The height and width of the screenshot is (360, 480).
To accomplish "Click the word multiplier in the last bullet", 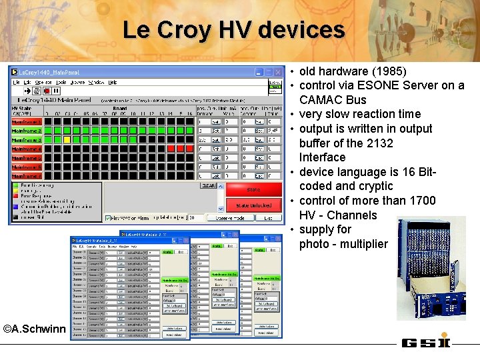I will pyautogui.click(x=362, y=244).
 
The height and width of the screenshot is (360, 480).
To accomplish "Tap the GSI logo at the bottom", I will pyautogui.click(x=425, y=343).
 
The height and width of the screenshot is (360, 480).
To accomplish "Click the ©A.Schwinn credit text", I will pyautogui.click(x=34, y=329).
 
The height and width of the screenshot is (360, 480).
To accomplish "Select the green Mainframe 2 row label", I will pyautogui.click(x=26, y=131).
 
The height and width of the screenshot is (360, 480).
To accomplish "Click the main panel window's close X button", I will pyautogui.click(x=278, y=72).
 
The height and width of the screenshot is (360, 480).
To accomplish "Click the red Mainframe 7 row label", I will pyautogui.click(x=26, y=176).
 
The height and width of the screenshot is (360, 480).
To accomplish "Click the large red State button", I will pyautogui.click(x=253, y=190).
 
